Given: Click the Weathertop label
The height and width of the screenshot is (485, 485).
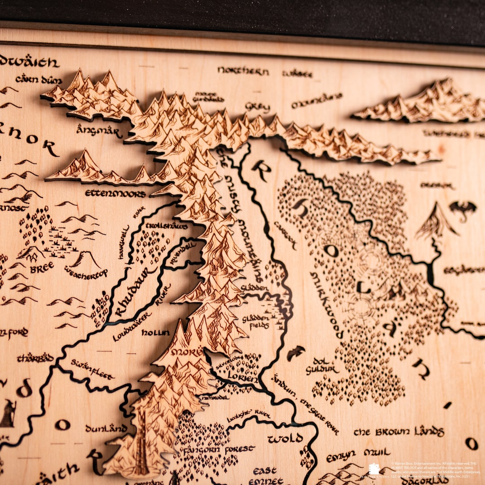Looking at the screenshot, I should [x=85, y=272].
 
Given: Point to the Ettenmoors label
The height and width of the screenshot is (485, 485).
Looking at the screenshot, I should [x=115, y=194].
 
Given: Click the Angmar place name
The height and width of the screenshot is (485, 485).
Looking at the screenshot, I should [x=99, y=132].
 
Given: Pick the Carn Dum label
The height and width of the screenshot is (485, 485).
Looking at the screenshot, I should [x=39, y=79].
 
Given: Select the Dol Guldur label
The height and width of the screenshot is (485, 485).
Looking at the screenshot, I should [x=322, y=366].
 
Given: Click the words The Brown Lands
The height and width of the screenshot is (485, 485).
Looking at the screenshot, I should [x=399, y=432].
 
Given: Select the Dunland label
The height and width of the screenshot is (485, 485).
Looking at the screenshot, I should [x=106, y=428].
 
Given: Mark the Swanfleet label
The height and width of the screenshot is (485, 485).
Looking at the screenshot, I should [x=92, y=369].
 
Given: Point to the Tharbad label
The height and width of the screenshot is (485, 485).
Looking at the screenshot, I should [x=35, y=358].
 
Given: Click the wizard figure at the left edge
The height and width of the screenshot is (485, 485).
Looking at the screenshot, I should [x=8, y=413].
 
